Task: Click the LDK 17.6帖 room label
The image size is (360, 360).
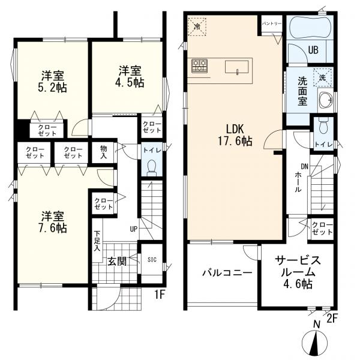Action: pyautogui.click(x=235, y=135)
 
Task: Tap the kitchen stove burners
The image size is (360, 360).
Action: pyautogui.click(x=200, y=66)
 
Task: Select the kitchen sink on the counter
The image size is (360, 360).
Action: pyautogui.click(x=236, y=67)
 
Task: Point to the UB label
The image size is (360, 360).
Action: pyautogui.click(x=313, y=50)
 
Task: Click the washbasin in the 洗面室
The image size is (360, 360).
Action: pyautogui.click(x=325, y=100)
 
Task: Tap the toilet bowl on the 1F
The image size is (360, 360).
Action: pyautogui.click(x=151, y=168)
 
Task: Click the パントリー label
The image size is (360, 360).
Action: pyautogui.click(x=272, y=24)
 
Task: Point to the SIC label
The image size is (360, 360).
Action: pyautogui.click(x=152, y=260)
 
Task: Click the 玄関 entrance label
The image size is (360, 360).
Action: pyautogui.click(x=117, y=261)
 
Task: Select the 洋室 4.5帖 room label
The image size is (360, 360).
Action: pyautogui.click(x=130, y=77)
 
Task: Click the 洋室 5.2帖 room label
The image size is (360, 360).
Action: pyautogui.click(x=53, y=82)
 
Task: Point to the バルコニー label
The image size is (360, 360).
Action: pyautogui.click(x=227, y=273)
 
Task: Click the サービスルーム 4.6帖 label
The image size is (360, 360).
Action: pyautogui.click(x=298, y=272)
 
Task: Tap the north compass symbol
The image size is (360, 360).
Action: pyautogui.click(x=314, y=341)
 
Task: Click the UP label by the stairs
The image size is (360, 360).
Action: pyautogui.click(x=134, y=229)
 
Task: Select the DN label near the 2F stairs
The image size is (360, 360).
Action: pyautogui.click(x=304, y=167)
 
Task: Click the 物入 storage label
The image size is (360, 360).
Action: pyautogui.click(x=104, y=152)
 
